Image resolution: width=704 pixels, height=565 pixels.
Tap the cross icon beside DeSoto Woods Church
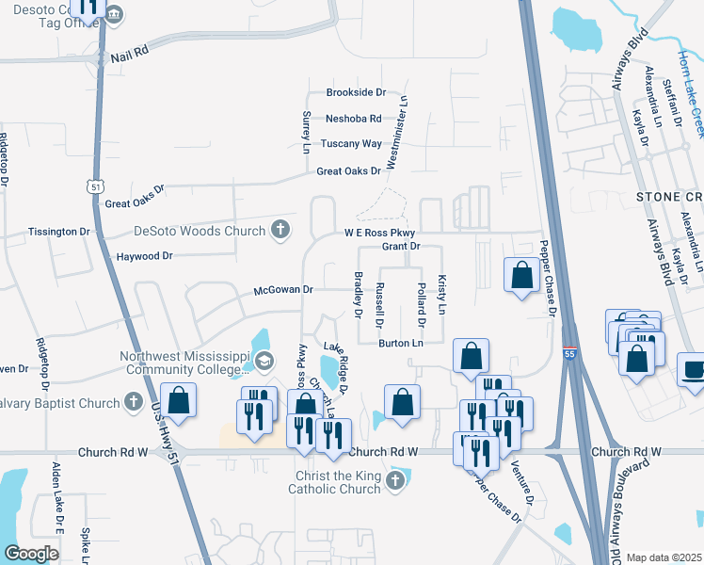coord(280,229)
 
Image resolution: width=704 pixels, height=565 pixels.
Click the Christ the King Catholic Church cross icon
coord(395,481)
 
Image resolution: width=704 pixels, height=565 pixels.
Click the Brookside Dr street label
coord(357,92)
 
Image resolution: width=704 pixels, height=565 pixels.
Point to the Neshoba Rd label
coord(353,119)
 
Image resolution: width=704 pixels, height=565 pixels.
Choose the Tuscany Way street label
coord(351,144)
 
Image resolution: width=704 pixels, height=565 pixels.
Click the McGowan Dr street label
coord(283,290)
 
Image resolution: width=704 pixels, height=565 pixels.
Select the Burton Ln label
coord(401,344)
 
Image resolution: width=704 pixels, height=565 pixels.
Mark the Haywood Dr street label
coord(145,256)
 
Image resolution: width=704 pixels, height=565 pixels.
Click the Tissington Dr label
coord(59,232)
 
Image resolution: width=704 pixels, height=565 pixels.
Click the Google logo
coord(31,554)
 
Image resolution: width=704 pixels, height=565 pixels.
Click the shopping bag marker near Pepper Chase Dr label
coord(521,275)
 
